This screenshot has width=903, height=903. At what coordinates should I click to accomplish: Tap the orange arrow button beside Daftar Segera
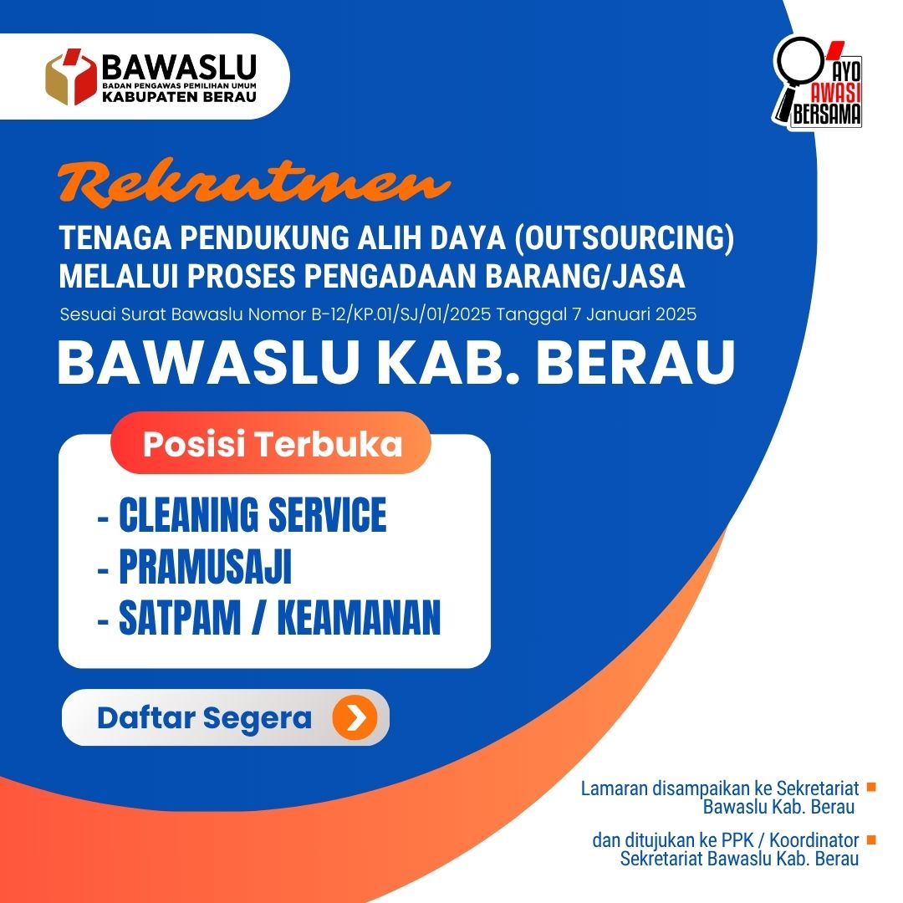pyautogui.click(x=355, y=718)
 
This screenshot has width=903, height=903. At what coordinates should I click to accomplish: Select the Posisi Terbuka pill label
pyautogui.click(x=272, y=444)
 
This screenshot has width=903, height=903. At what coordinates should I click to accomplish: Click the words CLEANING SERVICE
pyautogui.click(x=253, y=515)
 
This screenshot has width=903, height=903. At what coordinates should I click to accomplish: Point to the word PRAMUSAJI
pyautogui.click(x=205, y=568)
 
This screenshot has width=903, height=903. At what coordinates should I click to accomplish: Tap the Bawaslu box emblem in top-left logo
pyautogui.click(x=71, y=76)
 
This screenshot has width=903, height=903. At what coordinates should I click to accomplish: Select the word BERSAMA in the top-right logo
pyautogui.click(x=826, y=117)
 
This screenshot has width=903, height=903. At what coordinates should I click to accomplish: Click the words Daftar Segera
pyautogui.click(x=204, y=718)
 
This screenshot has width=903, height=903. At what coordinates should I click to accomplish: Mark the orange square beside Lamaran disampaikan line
pyautogui.click(x=870, y=787)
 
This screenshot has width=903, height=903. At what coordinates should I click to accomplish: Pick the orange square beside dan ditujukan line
pyautogui.click(x=870, y=839)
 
